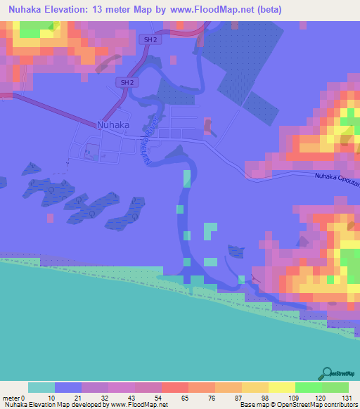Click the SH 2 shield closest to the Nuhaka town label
pyautogui.click(x=126, y=83)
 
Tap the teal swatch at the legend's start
pyautogui.click(x=41, y=387)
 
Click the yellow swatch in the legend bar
pyautogui.click(x=281, y=387)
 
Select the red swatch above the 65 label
pyautogui.click(x=174, y=387)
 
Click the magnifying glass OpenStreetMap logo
pyautogui.click(x=326, y=373)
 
